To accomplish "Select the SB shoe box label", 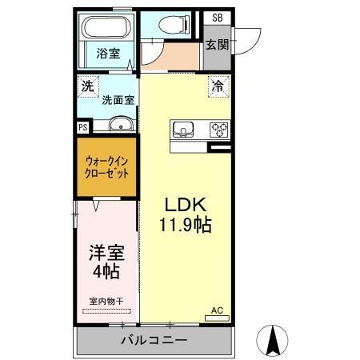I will [217, 18].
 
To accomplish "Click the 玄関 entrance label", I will [216, 45].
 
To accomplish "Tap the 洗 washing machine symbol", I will [86, 83].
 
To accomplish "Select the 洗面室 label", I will [117, 100].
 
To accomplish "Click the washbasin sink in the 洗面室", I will [121, 124].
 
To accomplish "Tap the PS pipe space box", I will [82, 126].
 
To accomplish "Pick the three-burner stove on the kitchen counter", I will [218, 129].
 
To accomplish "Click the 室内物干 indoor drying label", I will [106, 301].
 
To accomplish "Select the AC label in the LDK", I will [216, 309].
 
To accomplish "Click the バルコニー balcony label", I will [154, 341].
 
